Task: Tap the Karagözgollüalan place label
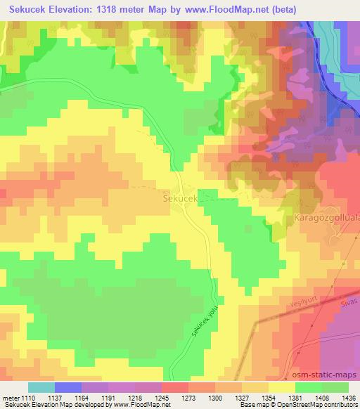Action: [327, 218]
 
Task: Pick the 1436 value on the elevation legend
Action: [348, 398]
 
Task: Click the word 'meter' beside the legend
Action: [10, 398]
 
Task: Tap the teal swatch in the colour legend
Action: [41, 387]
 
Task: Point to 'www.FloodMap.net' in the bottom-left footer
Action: [134, 405]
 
